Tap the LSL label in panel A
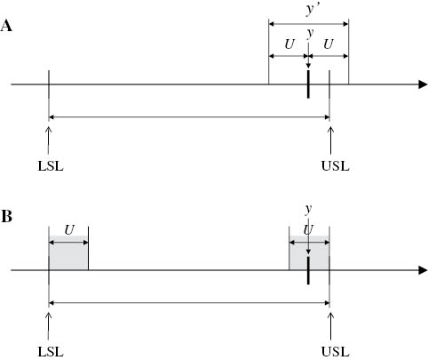[52, 164]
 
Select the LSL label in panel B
[52, 351]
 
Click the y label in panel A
[309, 34]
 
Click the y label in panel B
[308, 210]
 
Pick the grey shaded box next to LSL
[68, 254]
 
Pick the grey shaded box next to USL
[309, 254]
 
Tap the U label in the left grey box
[68, 229]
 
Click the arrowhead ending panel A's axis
[420, 85]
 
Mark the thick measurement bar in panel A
[307, 85]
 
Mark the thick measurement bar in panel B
[307, 270]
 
